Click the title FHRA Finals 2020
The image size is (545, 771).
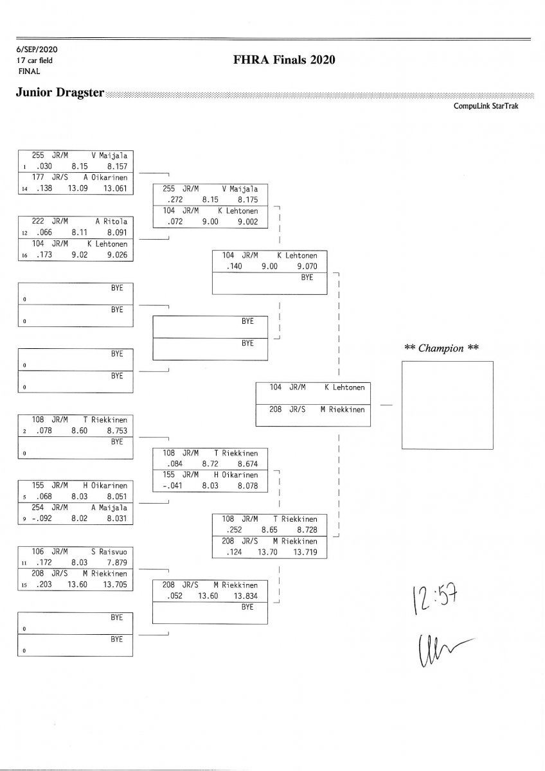(285, 60)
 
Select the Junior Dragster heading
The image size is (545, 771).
(60, 93)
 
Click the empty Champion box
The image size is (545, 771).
(447, 405)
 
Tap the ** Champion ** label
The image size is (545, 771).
(442, 348)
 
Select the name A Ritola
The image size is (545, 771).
(114, 220)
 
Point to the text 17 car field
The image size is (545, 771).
(35, 60)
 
